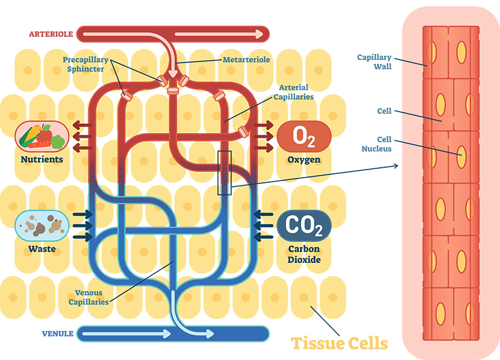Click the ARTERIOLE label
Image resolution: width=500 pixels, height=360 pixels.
[51, 34]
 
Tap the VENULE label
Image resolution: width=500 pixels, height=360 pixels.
[58, 334]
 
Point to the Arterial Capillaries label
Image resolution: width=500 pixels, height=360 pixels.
[294, 92]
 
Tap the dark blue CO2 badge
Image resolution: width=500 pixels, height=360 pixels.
[304, 226]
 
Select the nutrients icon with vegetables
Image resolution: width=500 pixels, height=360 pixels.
[42, 136]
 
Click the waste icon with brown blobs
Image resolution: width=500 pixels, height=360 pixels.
[42, 226]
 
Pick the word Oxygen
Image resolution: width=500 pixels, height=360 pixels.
[304, 160]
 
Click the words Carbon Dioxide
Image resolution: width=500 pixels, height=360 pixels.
[304, 254]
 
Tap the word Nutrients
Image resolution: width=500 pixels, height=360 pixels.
[42, 159]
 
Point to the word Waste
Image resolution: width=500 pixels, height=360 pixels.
[42, 248]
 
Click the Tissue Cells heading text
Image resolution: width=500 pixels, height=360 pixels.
[339, 343]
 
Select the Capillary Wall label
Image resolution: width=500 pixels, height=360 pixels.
[374, 62]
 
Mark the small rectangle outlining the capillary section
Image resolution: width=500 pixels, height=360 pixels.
[224, 173]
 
